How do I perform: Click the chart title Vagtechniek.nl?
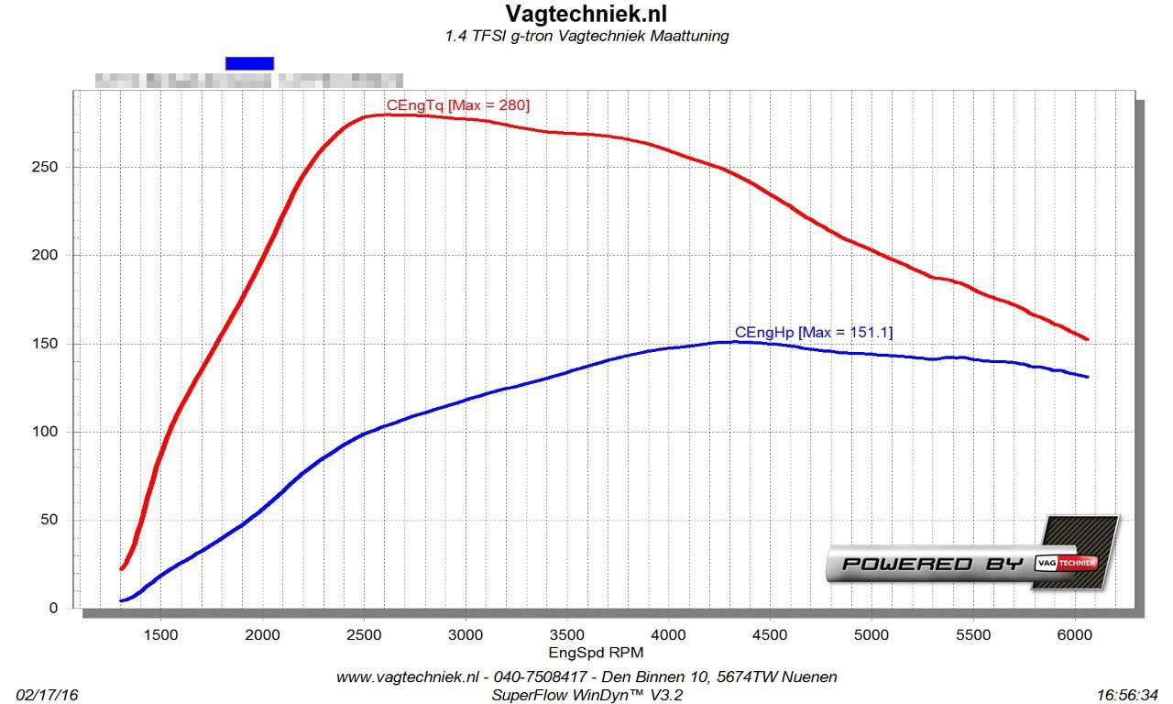coord(586,14)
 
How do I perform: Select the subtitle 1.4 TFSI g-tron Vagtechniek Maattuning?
coord(586,37)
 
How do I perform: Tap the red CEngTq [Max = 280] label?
coord(458,105)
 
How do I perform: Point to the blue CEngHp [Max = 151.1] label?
coord(813,332)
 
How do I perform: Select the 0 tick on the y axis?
coord(53,608)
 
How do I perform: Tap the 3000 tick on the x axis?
coord(466,634)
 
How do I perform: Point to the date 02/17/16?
coord(48,695)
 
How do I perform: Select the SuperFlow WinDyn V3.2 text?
coord(586,695)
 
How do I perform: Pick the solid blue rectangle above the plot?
coord(249,62)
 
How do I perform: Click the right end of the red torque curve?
coord(1087,339)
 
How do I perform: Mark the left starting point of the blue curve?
coord(121,600)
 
